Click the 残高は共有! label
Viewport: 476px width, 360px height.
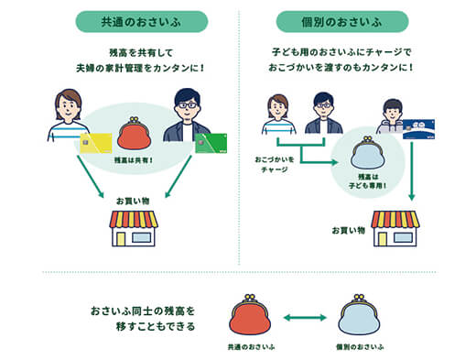[135, 161]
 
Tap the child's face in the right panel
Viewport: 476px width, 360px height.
[393, 109]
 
